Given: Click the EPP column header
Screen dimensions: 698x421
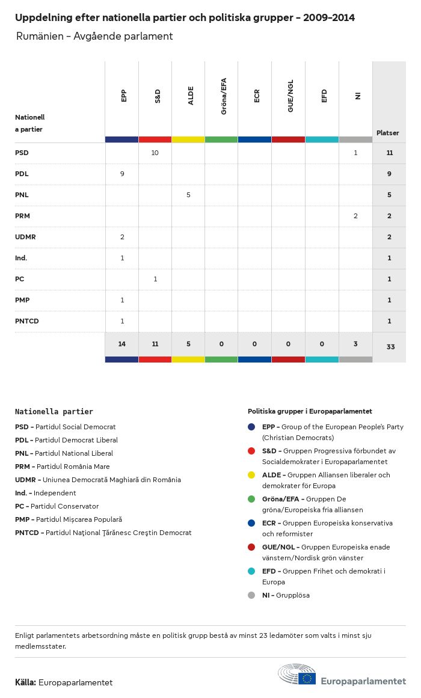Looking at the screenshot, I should coord(123,96).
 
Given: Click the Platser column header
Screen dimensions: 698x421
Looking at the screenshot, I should coord(387,133).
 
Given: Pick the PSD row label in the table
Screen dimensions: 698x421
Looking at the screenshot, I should coord(22,153).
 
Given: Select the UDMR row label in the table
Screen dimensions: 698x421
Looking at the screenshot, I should coord(25,237).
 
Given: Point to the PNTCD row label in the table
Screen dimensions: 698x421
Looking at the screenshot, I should coord(27,321).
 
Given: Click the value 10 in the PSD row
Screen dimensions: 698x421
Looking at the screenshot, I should coord(155,153).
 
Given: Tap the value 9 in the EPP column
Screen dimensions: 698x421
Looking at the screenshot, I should coord(122,174).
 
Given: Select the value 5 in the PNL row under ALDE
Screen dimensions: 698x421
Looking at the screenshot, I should coord(188,195).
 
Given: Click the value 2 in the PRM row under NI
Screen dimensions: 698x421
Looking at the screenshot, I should coord(355,216).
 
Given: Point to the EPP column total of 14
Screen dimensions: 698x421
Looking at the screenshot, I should coord(122,344).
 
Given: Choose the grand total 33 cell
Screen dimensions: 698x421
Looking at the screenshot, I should coord(390,347).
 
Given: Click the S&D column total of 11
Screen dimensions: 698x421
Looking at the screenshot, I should coord(155,344).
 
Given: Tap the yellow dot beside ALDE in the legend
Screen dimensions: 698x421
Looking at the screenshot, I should coord(251,475).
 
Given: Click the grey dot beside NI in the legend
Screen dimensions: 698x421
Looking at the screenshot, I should coord(251,595).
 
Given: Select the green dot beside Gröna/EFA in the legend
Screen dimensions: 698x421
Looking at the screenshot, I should coord(251,499).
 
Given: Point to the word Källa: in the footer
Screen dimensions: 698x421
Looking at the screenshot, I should coord(25,682).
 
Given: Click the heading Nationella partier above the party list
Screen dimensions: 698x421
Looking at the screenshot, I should coord(54,412).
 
